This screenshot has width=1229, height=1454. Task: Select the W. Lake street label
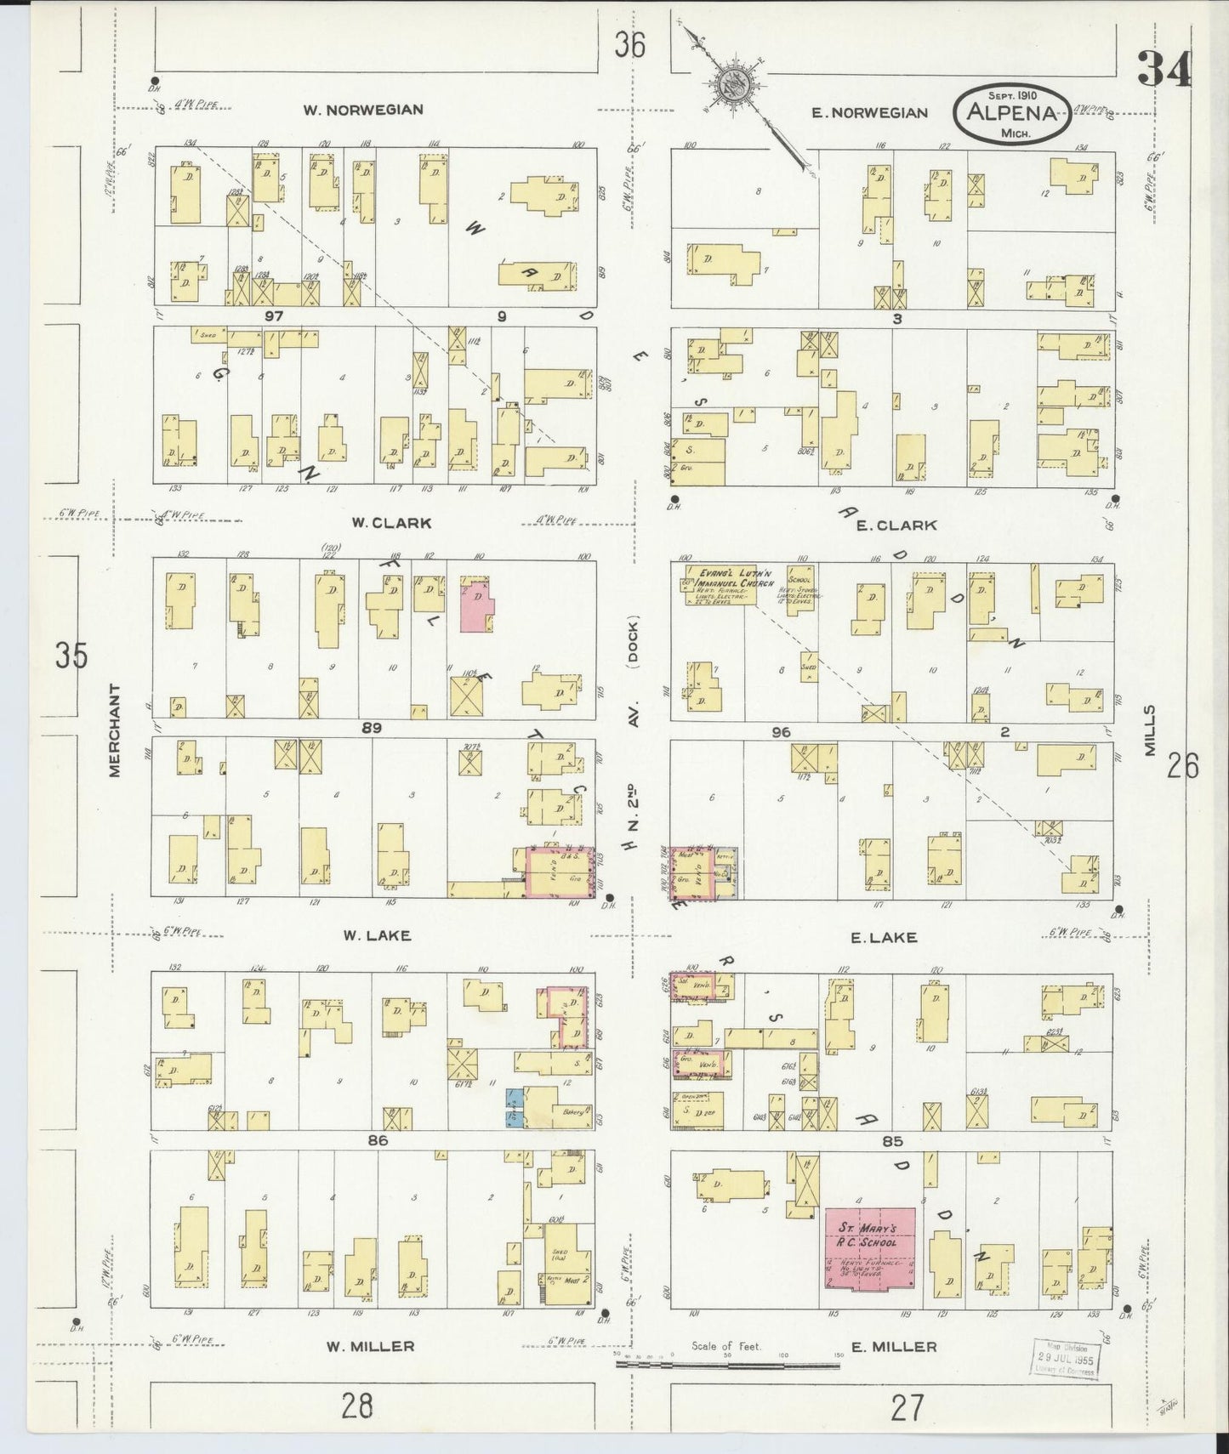tap(377, 935)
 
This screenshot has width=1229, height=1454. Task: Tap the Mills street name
tap(1150, 732)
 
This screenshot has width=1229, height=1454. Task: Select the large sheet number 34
tap(1163, 68)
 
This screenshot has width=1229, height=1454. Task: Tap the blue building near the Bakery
tap(515, 1107)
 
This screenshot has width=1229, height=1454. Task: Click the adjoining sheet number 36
tap(631, 44)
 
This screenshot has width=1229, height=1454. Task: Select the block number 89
tap(371, 728)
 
